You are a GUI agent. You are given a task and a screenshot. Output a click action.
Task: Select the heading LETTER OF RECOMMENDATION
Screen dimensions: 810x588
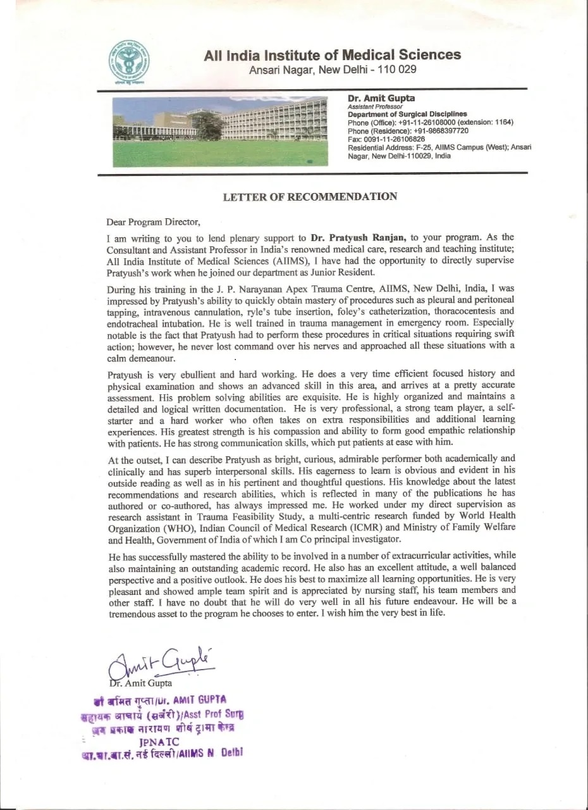pyautogui.click(x=310, y=197)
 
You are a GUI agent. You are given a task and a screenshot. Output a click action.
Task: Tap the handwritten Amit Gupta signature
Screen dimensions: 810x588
pyautogui.click(x=161, y=663)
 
